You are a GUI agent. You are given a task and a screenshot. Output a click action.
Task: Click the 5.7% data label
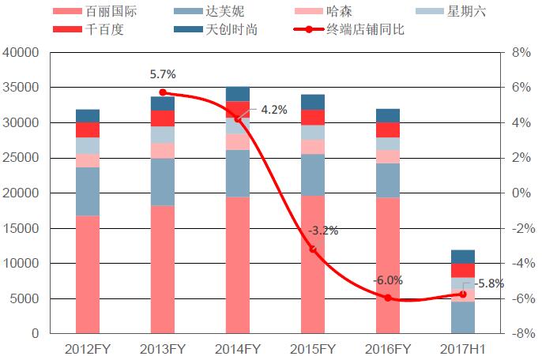pyautogui.click(x=163, y=75)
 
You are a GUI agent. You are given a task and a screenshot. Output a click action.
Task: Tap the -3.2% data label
pyautogui.click(x=323, y=231)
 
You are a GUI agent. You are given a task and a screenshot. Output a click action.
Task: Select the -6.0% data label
pyautogui.click(x=388, y=280)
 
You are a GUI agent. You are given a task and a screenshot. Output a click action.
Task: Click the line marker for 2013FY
pyautogui.click(x=163, y=92)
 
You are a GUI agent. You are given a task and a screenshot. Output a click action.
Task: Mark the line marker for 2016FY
pyautogui.click(x=388, y=298)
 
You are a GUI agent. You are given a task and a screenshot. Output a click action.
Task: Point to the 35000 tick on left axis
pyautogui.click(x=24, y=88)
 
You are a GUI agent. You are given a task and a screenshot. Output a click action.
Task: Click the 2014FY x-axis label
pyautogui.click(x=237, y=348)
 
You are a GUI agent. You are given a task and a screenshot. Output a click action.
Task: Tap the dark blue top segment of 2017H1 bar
pyautogui.click(x=463, y=257)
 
